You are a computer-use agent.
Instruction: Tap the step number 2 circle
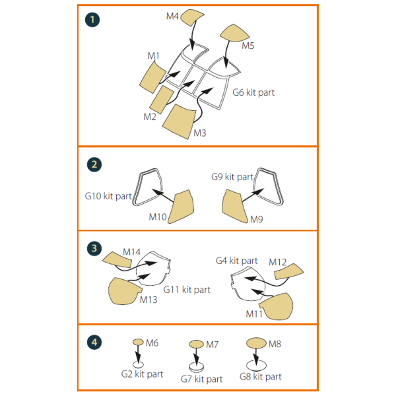[93, 164]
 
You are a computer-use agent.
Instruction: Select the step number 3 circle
[93, 248]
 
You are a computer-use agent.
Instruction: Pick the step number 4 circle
[93, 342]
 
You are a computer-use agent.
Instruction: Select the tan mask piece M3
[180, 120]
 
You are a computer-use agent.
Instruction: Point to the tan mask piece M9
[235, 206]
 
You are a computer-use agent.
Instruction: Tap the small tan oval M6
[138, 342]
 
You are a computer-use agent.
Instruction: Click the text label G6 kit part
[253, 92]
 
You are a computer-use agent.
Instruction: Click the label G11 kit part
[187, 289]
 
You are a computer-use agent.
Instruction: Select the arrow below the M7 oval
[195, 357]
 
